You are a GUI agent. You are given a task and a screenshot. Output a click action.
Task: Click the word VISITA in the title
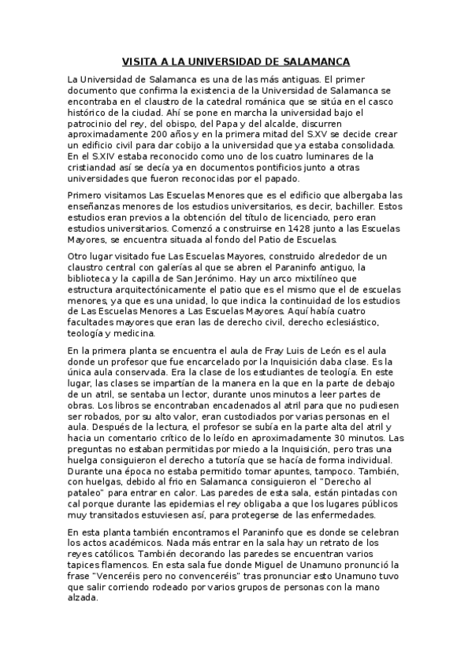[139, 61]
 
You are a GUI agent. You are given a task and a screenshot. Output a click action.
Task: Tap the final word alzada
[83, 599]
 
